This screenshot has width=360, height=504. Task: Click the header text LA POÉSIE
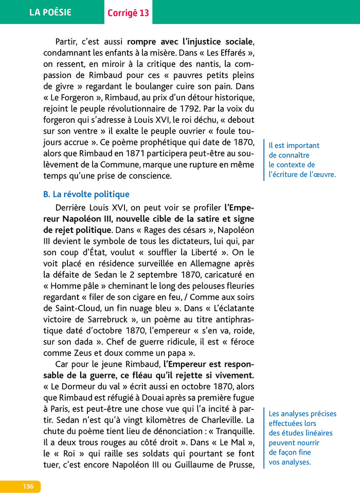pos(50,12)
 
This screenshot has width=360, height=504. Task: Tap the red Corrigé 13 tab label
pos(128,13)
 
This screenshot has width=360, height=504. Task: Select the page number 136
pos(28,487)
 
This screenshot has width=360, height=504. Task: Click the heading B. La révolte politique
pos(86,194)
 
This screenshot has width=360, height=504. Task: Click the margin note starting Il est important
pos(301,160)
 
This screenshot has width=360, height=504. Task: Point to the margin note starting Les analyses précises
pos(302,438)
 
